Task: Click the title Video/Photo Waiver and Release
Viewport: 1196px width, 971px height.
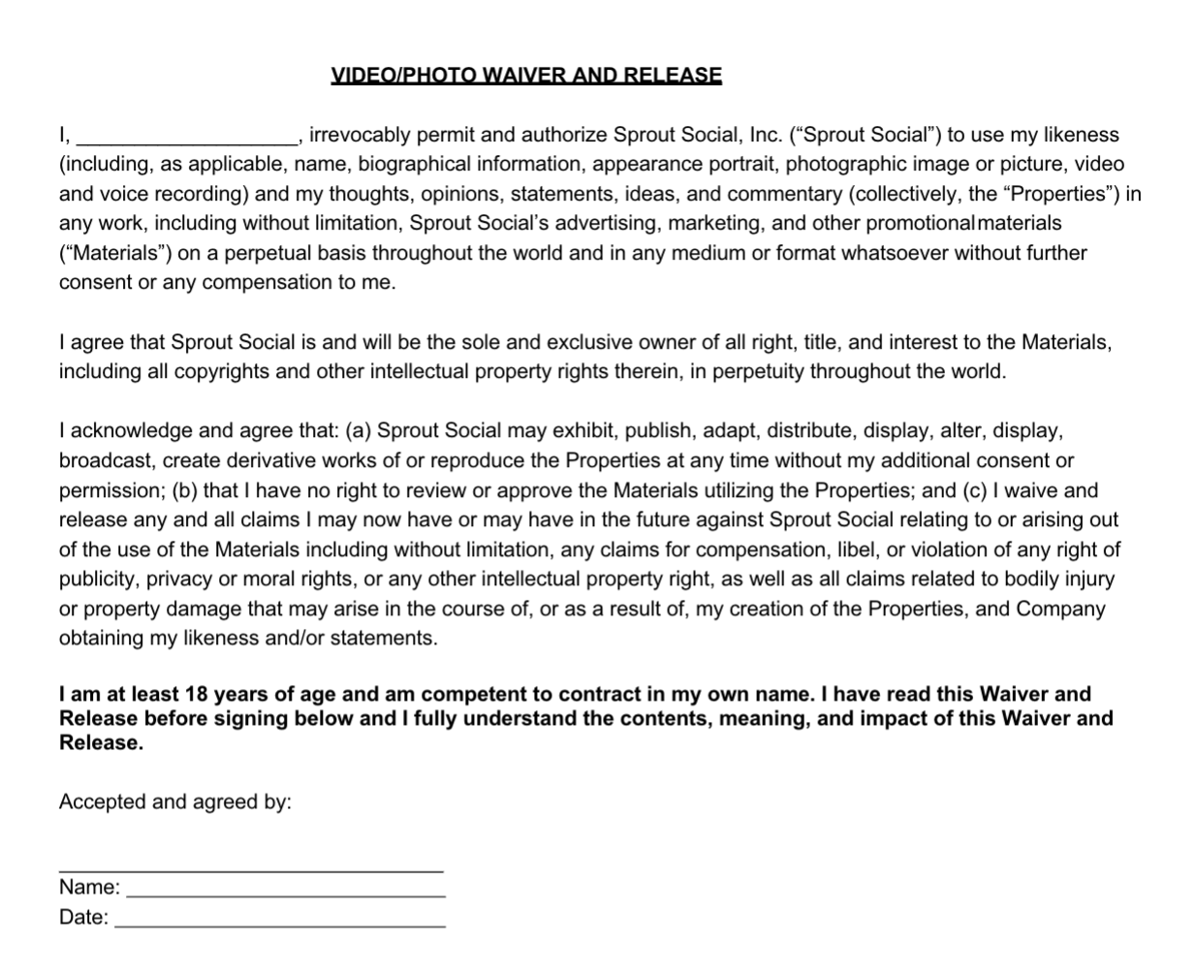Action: point(526,76)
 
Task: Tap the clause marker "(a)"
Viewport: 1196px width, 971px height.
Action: point(359,431)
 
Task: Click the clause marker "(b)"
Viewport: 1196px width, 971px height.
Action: point(184,490)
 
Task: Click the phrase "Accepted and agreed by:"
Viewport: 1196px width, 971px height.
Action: point(175,802)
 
